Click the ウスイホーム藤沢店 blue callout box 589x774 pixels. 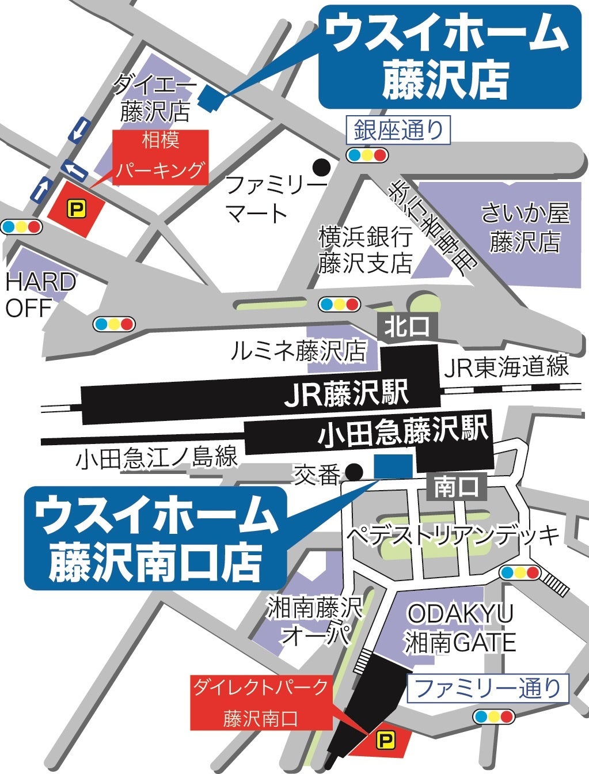click(x=449, y=58)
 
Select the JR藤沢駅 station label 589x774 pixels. click(x=347, y=394)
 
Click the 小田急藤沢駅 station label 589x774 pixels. click(x=403, y=432)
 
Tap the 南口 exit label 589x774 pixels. click(x=457, y=487)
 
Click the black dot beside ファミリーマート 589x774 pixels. click(x=321, y=167)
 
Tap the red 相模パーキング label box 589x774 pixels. click(x=161, y=157)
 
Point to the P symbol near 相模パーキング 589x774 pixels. click(x=76, y=208)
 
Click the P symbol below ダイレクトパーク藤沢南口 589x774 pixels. click(x=384, y=741)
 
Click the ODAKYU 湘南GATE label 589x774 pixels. click(x=460, y=628)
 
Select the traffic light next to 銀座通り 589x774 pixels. click(x=367, y=154)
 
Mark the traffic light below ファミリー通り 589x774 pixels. click(x=493, y=716)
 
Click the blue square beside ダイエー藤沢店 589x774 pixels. click(x=210, y=95)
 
